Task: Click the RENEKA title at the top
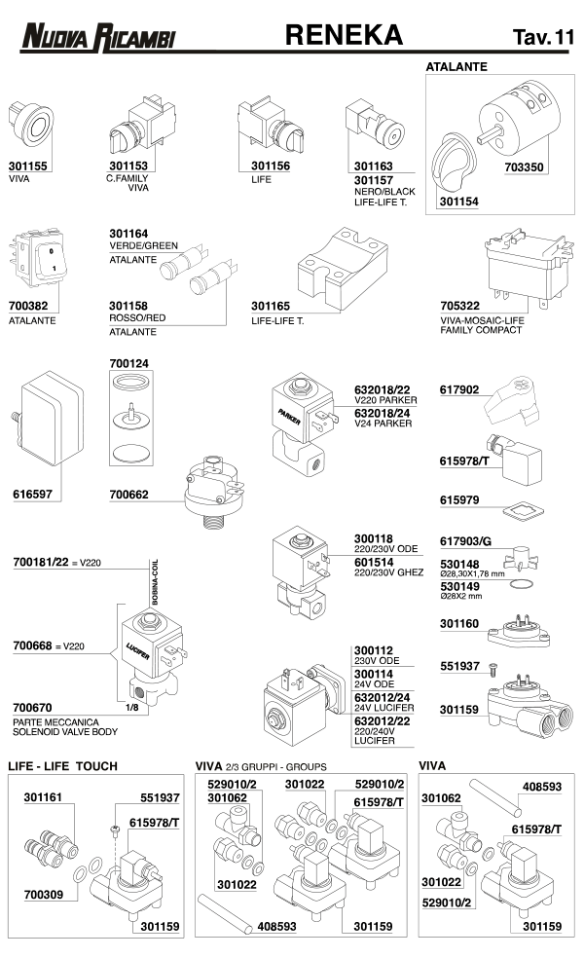click(343, 35)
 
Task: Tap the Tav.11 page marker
click(543, 38)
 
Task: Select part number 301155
click(26, 166)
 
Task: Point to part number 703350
click(525, 166)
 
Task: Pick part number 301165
click(271, 307)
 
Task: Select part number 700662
click(129, 495)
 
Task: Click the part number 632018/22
click(382, 388)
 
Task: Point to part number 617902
click(459, 389)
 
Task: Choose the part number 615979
click(459, 500)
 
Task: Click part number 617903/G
click(466, 540)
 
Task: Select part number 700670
click(32, 708)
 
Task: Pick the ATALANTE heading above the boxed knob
click(456, 67)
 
